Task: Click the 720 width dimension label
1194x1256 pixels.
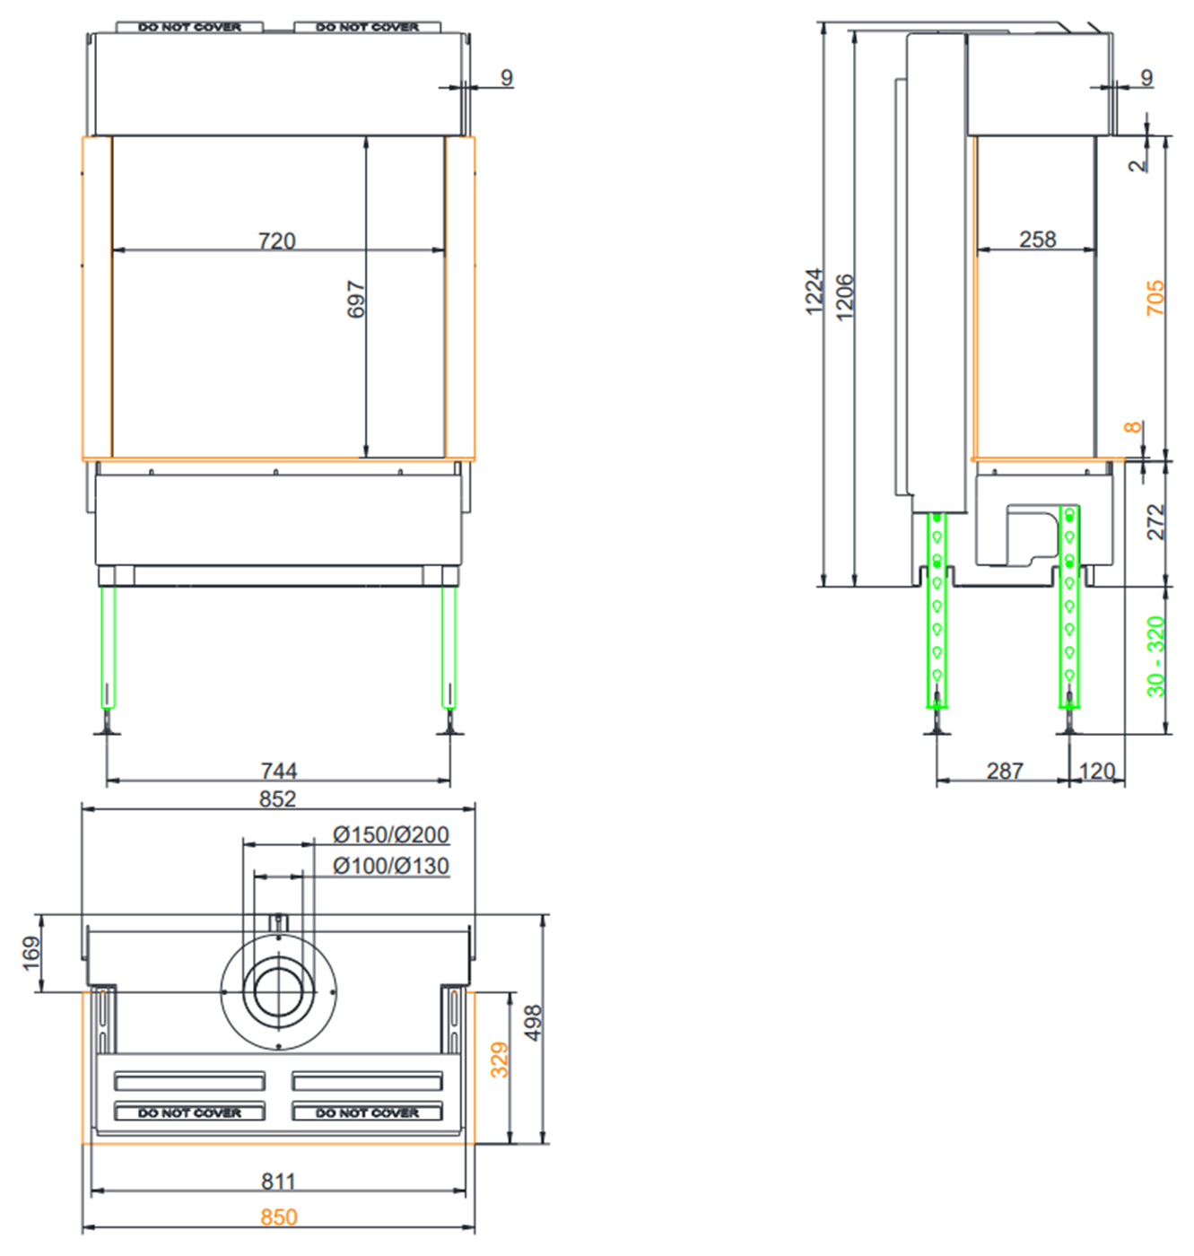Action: point(276,240)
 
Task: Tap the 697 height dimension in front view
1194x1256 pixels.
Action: point(356,299)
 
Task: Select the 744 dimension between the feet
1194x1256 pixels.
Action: point(278,772)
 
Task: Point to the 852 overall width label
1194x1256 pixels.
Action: point(277,799)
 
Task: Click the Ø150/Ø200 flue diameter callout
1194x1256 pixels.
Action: point(391,834)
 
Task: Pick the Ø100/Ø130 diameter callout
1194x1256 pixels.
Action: point(391,866)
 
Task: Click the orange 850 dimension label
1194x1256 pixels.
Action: point(278,1217)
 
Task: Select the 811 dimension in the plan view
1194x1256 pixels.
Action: point(278,1182)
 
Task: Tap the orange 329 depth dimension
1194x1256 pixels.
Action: point(500,1060)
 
